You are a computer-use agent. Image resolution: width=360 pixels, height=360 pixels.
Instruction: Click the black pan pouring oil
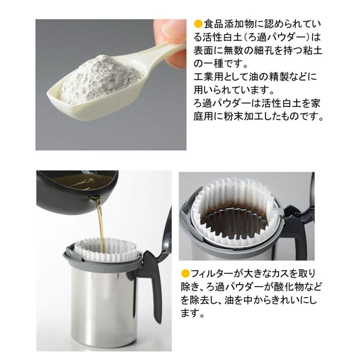[x=72, y=188]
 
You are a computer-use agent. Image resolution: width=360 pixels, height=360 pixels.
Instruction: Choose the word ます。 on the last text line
[x=192, y=313]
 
